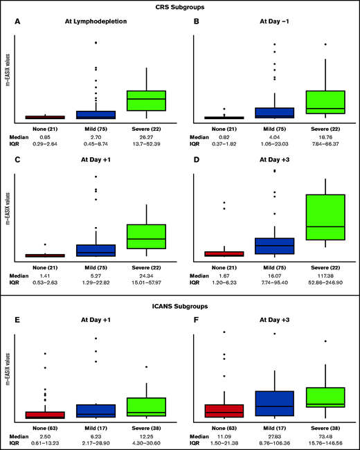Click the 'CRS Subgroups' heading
180,8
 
